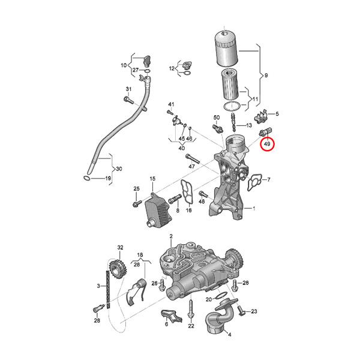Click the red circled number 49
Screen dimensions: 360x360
coord(268,144)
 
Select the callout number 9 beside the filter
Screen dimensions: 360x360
coord(266,75)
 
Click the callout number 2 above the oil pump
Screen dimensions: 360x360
coord(170,237)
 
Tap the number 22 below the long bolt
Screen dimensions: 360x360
coord(191,326)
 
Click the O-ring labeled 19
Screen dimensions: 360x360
coord(88,178)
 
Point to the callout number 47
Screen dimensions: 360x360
coord(192,166)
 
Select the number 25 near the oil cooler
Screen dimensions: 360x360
coord(136,189)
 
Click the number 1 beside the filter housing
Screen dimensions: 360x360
coord(254,209)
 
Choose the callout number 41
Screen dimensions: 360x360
coord(171,105)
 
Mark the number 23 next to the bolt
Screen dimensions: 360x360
coord(254,311)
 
